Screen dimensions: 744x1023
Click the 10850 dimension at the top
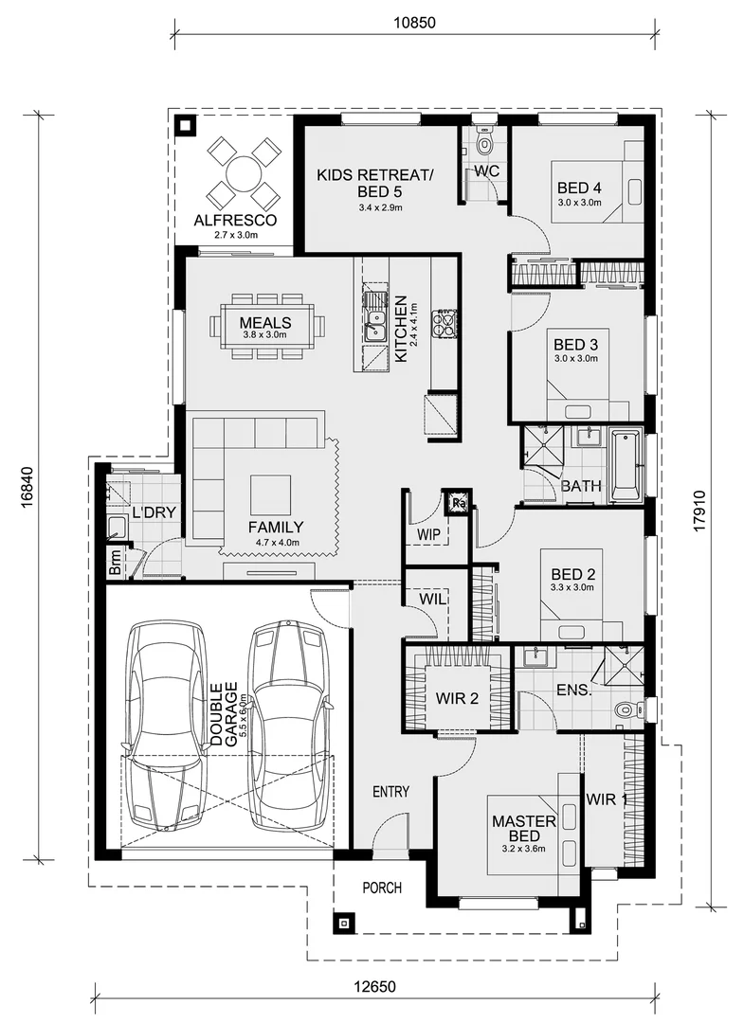pos(414,23)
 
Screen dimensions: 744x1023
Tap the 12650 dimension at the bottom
pos(375,986)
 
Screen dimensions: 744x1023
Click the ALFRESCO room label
pos(235,221)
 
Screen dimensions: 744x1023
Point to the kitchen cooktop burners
pos(447,324)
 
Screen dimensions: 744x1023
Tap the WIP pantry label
pos(428,533)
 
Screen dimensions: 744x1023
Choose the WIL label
pos(432,599)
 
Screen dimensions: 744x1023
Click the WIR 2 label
pos(457,699)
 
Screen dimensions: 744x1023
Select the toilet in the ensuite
pos(627,709)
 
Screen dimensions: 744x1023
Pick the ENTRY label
pos(390,791)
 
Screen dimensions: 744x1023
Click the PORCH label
pos(382,888)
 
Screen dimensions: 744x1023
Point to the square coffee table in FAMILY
pos(271,495)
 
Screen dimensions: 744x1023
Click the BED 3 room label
pos(576,345)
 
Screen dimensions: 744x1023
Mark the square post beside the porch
pos(344,924)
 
